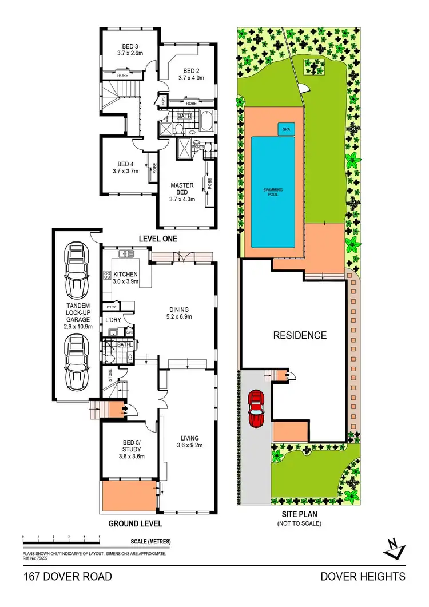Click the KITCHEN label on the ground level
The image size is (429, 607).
click(x=126, y=278)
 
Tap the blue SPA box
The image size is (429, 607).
click(x=285, y=130)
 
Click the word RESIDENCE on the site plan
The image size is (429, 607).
click(x=299, y=335)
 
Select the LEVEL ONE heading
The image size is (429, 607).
click(x=158, y=238)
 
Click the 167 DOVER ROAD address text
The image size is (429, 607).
click(x=67, y=576)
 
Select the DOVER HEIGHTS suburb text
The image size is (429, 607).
click(x=363, y=576)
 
